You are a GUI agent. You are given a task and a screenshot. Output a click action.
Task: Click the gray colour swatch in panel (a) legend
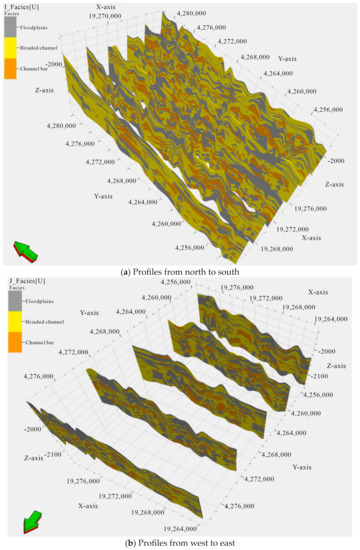click(9, 28)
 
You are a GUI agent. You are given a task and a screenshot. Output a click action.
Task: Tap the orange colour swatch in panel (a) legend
click(9, 68)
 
